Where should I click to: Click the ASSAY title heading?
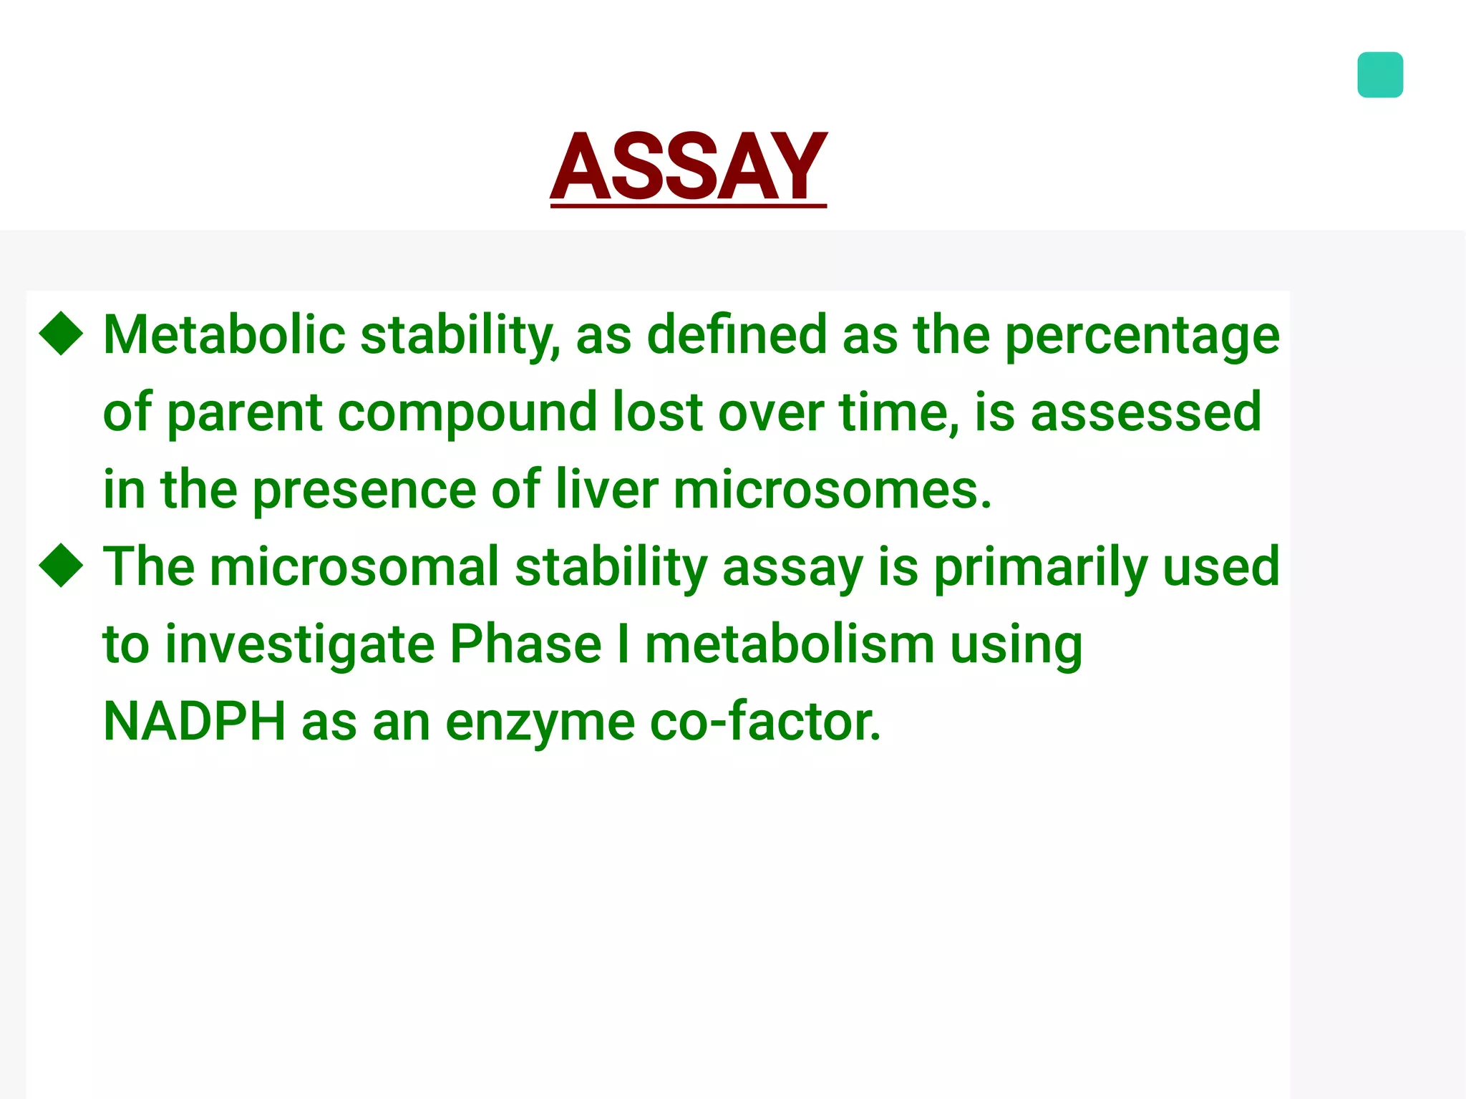(x=688, y=167)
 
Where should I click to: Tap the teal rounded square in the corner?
(x=1379, y=74)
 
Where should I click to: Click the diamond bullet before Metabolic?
(x=62, y=334)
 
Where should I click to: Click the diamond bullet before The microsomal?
(x=62, y=565)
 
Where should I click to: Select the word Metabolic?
(x=224, y=334)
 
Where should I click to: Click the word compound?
(x=467, y=413)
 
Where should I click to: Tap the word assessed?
(x=1145, y=413)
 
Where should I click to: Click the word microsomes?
(x=832, y=490)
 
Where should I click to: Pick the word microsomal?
(x=354, y=566)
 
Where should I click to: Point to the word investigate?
(x=299, y=645)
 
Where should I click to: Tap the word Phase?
(x=525, y=644)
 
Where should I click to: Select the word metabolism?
(x=790, y=644)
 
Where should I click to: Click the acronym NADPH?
(x=194, y=721)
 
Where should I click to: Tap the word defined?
(x=737, y=334)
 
